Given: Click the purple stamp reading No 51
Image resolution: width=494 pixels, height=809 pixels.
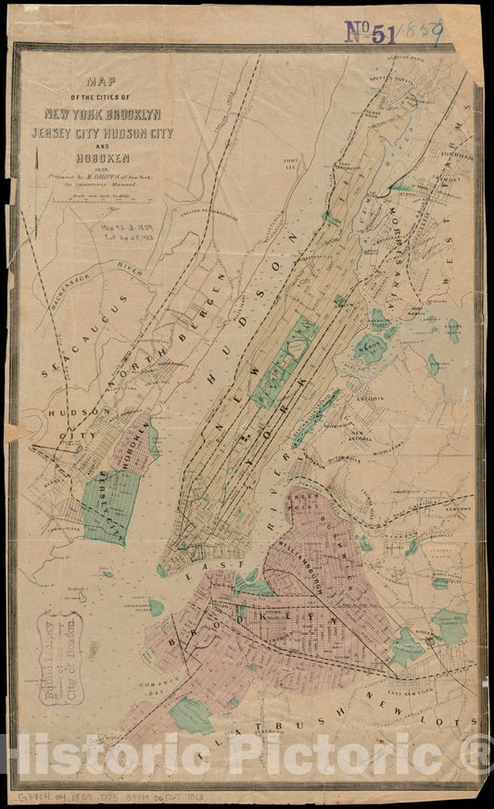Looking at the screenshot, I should click(x=371, y=32).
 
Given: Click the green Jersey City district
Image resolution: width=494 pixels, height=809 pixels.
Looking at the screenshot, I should click(x=109, y=505).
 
